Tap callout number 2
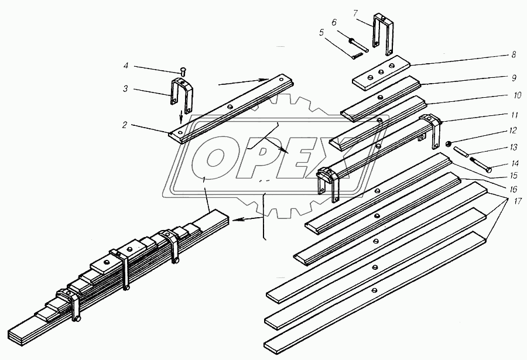(x=125, y=125)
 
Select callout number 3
(x=125, y=89)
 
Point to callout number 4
(x=125, y=66)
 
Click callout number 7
(x=356, y=14)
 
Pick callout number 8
(x=514, y=54)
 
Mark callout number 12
(x=512, y=131)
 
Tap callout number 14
(x=515, y=164)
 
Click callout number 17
(x=517, y=201)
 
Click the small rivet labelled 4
(x=184, y=71)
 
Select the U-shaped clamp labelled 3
(x=182, y=95)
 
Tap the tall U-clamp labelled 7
(x=382, y=33)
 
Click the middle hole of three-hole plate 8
(x=381, y=72)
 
